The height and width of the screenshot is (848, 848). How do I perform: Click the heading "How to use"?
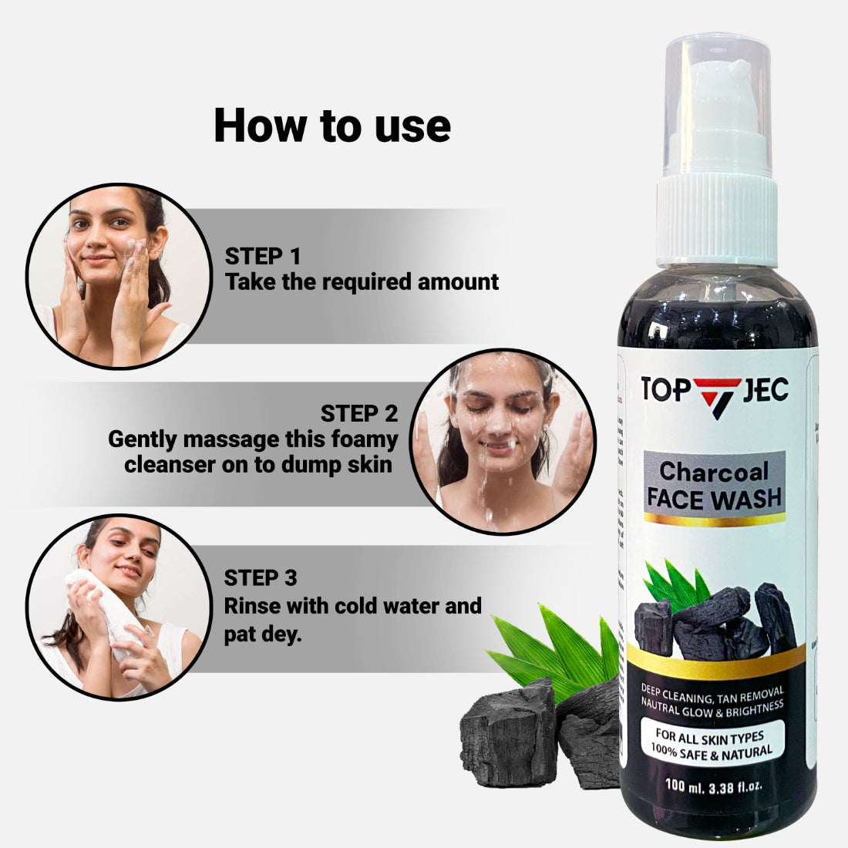pyautogui.click(x=331, y=126)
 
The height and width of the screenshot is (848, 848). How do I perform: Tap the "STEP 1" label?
pyautogui.click(x=263, y=256)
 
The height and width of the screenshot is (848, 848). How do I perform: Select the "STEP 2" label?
pyautogui.click(x=359, y=413)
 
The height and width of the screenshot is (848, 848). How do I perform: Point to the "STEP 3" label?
pyautogui.click(x=261, y=577)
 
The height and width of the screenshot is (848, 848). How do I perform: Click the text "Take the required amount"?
pyautogui.click(x=362, y=282)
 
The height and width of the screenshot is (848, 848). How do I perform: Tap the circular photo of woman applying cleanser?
pyautogui.click(x=118, y=276)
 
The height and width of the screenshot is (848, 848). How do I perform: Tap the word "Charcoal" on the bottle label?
pyautogui.click(x=714, y=471)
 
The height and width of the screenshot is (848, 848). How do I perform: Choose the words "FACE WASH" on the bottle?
pyautogui.click(x=714, y=499)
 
